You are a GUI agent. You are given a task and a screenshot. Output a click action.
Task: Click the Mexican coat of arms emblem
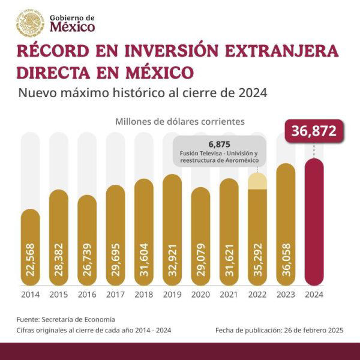(30, 22)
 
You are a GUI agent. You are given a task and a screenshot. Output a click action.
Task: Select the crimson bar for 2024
(314, 222)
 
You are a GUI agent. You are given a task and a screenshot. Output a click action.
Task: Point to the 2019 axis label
(172, 295)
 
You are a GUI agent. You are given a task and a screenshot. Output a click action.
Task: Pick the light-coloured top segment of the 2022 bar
(257, 181)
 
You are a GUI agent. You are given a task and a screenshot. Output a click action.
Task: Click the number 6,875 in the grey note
(220, 145)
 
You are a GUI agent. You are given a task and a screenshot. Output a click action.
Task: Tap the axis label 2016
(87, 295)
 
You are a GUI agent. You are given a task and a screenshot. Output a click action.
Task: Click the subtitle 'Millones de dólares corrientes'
(180, 121)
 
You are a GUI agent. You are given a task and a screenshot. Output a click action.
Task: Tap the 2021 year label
(229, 295)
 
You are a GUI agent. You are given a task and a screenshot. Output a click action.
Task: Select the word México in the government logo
(72, 27)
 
